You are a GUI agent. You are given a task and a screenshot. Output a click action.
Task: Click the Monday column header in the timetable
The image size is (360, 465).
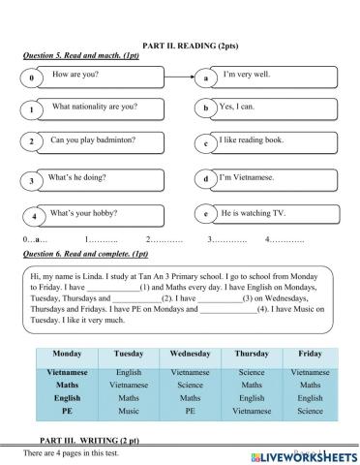click(67, 354)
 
